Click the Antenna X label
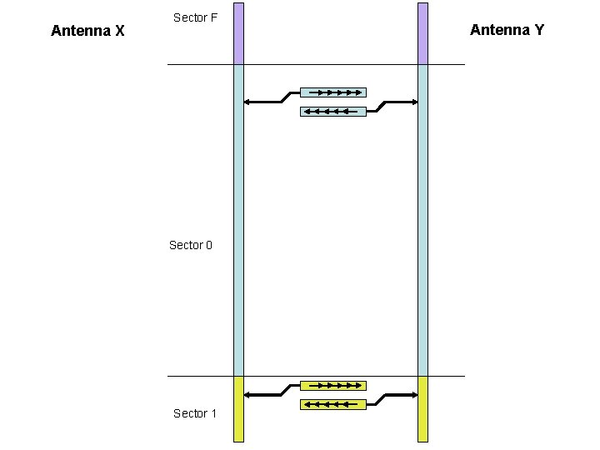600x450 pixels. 87,32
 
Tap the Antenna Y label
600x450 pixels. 507,30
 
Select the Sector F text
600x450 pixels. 195,17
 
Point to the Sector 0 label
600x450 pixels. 191,245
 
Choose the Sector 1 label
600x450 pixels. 195,413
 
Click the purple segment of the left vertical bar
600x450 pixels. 238,33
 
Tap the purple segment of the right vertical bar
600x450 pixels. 422,33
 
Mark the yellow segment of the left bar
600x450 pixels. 238,408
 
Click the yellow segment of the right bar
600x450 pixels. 422,408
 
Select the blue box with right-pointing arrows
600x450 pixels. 332,92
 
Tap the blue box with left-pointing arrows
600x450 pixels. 332,111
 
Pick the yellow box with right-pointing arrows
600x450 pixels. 332,385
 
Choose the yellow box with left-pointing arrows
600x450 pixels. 332,404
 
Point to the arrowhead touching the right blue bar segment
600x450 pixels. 413,102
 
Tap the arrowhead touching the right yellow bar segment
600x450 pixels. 413,394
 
